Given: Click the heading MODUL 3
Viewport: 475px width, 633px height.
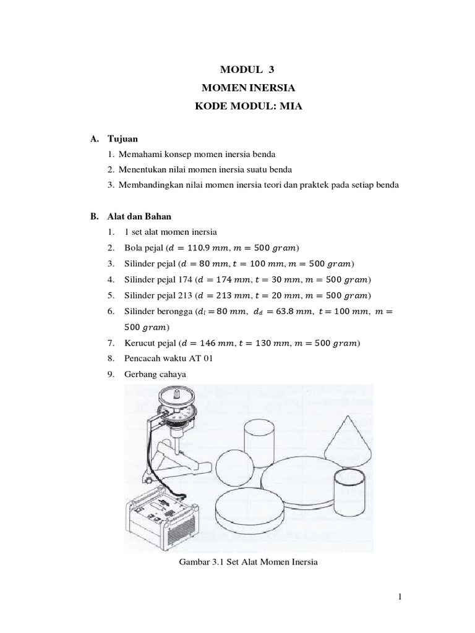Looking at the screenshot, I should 238,70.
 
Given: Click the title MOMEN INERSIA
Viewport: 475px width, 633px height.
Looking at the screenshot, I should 238,88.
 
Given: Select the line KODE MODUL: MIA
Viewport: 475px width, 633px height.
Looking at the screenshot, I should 238,106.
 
